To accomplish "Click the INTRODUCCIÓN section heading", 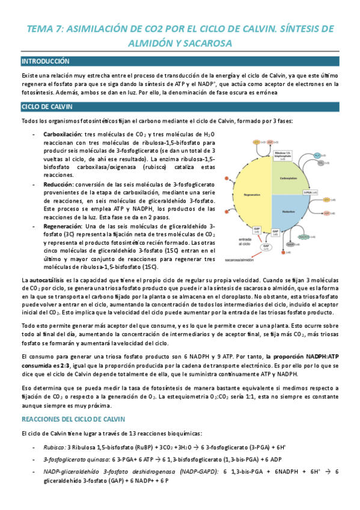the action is pos(45,61).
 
